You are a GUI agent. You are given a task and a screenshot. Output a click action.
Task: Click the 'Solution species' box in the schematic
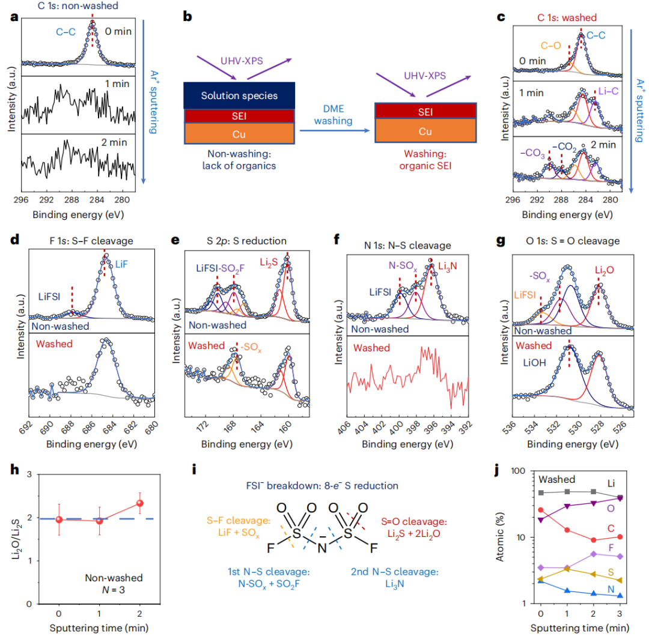(x=239, y=96)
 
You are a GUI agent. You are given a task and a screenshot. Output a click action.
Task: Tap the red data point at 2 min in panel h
(x=140, y=503)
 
